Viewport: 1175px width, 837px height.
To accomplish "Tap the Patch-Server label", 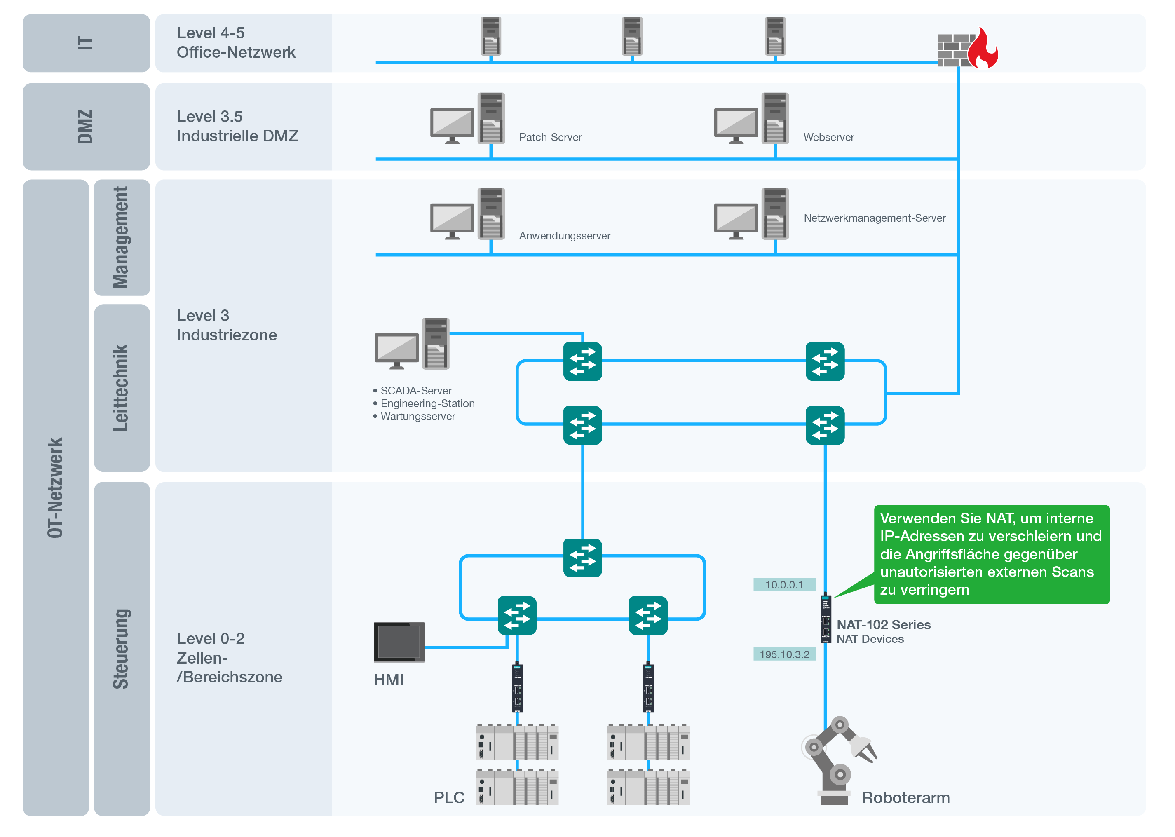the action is coord(550,138).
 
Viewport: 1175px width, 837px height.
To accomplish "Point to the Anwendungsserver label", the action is coord(564,236).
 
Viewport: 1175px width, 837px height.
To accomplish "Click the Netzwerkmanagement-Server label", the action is coord(874,218).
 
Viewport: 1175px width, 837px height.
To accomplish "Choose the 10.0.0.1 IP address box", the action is coord(784,584).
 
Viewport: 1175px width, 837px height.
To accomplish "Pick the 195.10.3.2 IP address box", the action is coord(784,654).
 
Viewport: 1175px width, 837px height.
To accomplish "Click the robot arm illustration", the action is coord(838,760).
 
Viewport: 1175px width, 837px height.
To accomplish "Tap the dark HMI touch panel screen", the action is coord(399,642).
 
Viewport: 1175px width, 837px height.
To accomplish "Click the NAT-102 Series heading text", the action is coord(883,625).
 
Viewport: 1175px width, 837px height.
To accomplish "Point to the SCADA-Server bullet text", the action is coord(415,391).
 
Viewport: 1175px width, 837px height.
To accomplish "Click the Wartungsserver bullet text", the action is coord(417,416).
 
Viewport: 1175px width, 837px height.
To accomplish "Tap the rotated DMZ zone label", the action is coord(85,127).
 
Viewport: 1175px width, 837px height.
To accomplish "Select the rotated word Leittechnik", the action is coord(120,387).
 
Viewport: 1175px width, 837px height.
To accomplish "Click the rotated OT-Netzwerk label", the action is coord(55,488).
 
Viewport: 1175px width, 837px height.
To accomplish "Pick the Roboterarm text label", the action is coord(905,797).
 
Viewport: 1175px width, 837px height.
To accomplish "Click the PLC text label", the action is coord(449,797).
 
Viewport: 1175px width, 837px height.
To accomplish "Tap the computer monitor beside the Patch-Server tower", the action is coord(452,125).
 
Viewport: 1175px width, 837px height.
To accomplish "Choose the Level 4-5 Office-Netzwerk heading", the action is coord(236,42).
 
